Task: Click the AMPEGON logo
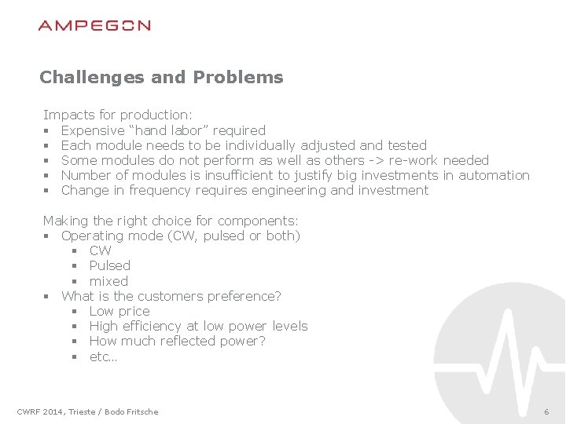pyautogui.click(x=94, y=26)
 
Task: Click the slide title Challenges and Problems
pyautogui.click(x=161, y=77)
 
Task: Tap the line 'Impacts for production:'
pyautogui.click(x=112, y=115)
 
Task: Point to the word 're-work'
pyautogui.click(x=412, y=160)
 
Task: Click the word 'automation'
pyautogui.click(x=494, y=175)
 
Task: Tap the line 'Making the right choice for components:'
pyautogui.click(x=171, y=221)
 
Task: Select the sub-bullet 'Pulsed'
pyautogui.click(x=110, y=265)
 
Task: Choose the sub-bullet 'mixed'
pyautogui.click(x=108, y=281)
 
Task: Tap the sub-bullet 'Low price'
pyautogui.click(x=119, y=311)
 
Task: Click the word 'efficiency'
pyautogui.click(x=150, y=326)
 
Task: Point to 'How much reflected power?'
pyautogui.click(x=178, y=341)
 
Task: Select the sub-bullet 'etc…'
pyautogui.click(x=103, y=356)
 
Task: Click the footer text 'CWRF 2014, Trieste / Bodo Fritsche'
pyautogui.click(x=87, y=411)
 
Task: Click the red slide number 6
pyautogui.click(x=546, y=412)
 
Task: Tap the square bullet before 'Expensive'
pyautogui.click(x=47, y=131)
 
